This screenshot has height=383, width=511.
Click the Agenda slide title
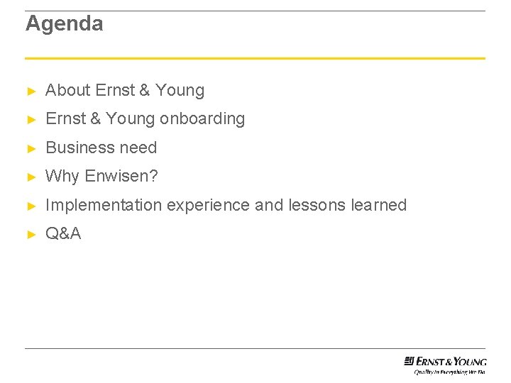click(x=65, y=24)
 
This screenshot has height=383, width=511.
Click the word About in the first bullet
click(x=67, y=90)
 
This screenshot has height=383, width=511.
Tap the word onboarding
click(x=202, y=119)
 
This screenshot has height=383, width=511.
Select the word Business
click(x=75, y=148)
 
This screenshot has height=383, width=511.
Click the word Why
click(x=62, y=177)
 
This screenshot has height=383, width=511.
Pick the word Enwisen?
click(x=121, y=177)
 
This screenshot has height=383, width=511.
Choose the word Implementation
click(x=104, y=205)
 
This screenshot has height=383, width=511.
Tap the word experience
click(x=209, y=206)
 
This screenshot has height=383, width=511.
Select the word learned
click(x=379, y=205)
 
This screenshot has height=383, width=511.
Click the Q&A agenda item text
click(x=63, y=234)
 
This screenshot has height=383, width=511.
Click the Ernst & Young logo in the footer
click(x=445, y=361)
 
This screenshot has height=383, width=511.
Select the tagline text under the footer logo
click(x=450, y=371)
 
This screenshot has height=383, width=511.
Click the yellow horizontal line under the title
click(x=255, y=58)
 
